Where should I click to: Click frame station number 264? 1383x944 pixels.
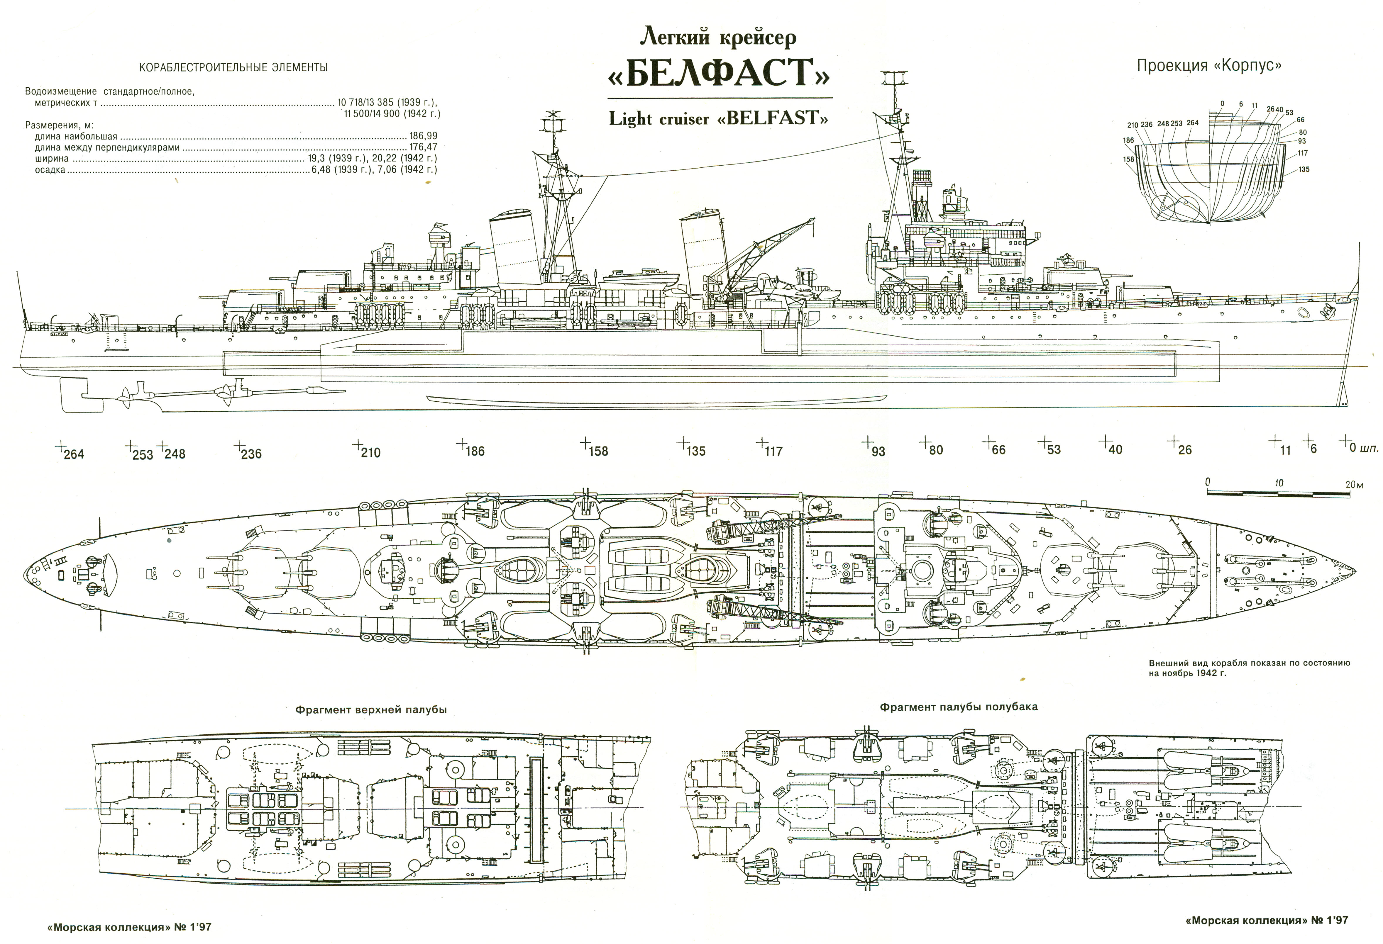[x=74, y=454]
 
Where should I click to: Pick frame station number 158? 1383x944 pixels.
[x=598, y=451]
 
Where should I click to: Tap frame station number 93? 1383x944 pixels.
[x=878, y=451]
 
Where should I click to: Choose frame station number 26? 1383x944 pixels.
[x=1184, y=450]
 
